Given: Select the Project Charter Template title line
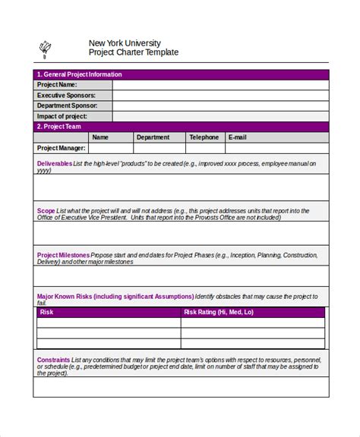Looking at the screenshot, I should tap(133, 53).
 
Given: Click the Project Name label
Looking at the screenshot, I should tap(58, 85).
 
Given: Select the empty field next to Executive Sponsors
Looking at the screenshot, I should tap(220, 96).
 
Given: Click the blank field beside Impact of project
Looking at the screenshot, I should tap(220, 117).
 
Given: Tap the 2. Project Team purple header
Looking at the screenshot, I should tap(59, 127).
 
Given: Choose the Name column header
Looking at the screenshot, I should tap(100, 137).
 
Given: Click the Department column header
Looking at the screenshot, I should tap(153, 137).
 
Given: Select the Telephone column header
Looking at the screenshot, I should tap(204, 137).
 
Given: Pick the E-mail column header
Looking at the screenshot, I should tap(237, 137).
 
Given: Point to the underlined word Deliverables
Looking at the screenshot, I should tap(55, 164).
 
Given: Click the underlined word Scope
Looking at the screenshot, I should tap(45, 210).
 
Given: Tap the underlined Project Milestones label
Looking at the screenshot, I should tap(62, 255).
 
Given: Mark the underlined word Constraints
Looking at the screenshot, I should tap(53, 358).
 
